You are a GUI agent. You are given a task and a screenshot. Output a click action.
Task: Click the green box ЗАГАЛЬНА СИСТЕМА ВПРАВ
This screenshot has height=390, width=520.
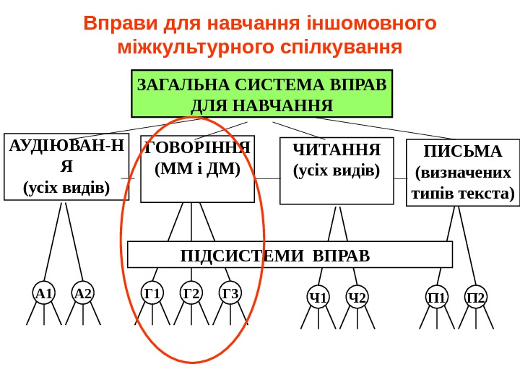tap(261, 94)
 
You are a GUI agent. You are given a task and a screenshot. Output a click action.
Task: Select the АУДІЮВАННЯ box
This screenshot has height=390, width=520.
tap(66, 167)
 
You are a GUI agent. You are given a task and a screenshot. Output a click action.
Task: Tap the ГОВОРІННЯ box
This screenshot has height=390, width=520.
tap(197, 168)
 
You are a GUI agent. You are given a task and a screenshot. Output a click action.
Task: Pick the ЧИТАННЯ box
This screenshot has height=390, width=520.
tap(336, 171)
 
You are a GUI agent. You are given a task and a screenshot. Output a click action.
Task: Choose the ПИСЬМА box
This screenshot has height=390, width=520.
tap(463, 173)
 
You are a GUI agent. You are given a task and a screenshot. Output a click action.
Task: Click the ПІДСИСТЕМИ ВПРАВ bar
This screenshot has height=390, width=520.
tap(290, 255)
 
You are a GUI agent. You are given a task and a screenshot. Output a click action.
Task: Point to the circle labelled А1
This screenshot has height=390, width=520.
tap(45, 293)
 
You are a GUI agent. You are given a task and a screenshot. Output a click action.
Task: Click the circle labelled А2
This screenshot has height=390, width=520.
tap(83, 293)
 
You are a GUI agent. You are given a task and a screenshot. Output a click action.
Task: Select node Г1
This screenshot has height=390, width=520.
tap(152, 292)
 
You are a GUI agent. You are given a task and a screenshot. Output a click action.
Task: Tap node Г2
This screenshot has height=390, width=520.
tap(191, 292)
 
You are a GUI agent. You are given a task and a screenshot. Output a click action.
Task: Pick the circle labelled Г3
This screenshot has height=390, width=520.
tap(230, 292)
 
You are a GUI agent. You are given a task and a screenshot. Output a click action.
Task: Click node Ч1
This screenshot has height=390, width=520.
tap(318, 297)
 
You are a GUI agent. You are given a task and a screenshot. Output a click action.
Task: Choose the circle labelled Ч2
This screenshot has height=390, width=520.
tap(357, 297)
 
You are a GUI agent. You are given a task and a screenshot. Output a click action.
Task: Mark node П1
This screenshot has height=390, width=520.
tap(437, 297)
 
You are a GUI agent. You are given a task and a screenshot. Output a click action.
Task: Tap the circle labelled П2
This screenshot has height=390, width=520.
tap(476, 297)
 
